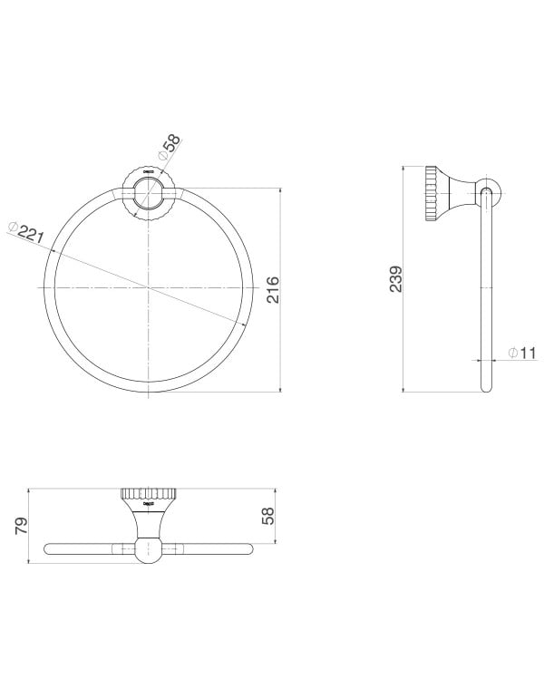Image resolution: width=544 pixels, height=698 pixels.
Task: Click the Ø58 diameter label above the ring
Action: point(170,148)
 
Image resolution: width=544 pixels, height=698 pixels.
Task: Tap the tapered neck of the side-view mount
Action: point(461,191)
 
